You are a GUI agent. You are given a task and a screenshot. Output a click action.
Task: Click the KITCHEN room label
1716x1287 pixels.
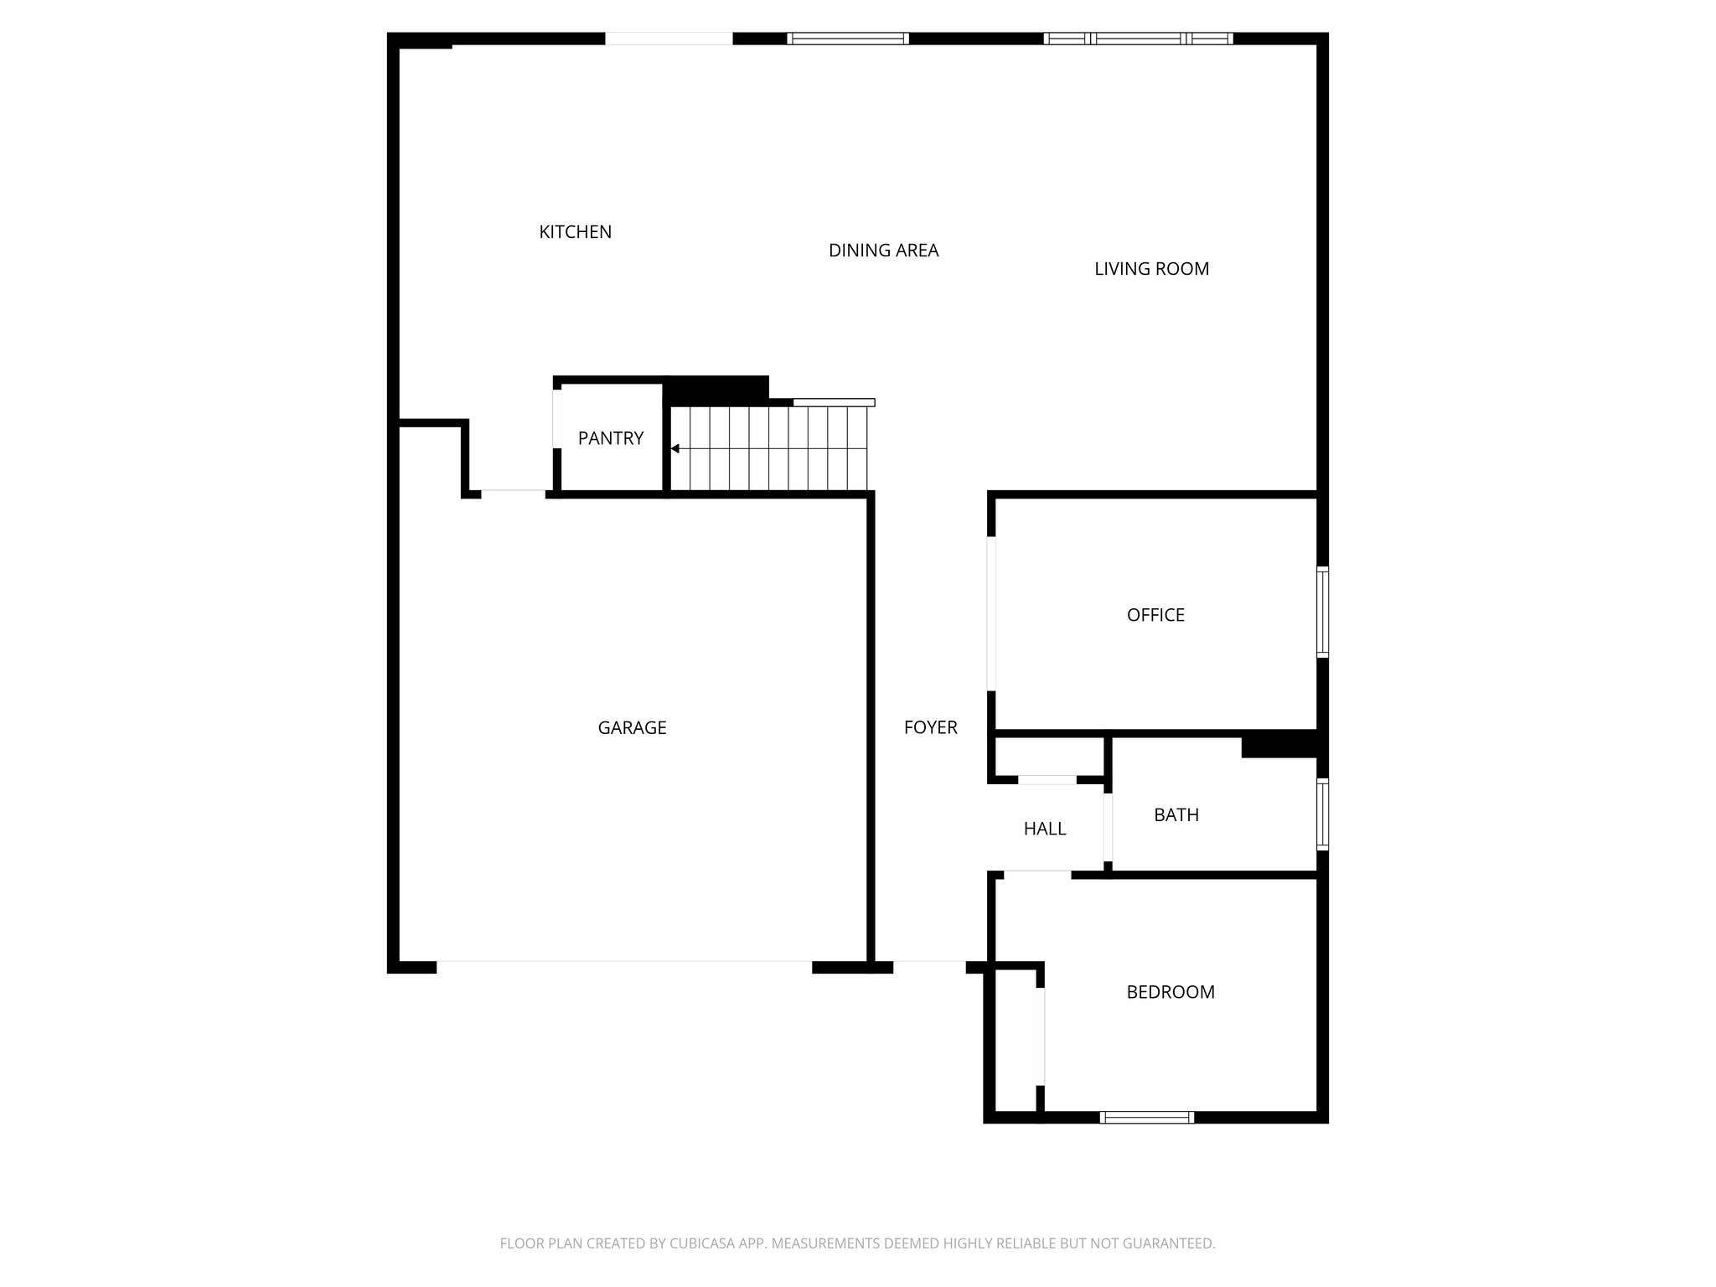tap(575, 232)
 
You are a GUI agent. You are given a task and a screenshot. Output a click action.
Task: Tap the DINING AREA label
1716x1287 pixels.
tap(883, 251)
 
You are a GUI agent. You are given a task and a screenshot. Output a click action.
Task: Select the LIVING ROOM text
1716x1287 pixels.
tap(1151, 269)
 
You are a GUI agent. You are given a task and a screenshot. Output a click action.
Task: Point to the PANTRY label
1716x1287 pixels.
tap(611, 438)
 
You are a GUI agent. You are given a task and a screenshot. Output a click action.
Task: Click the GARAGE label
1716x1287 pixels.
tap(632, 728)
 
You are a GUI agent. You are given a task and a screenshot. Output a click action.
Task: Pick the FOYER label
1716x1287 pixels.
tap(930, 727)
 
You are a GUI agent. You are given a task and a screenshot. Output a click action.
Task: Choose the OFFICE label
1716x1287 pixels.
tap(1155, 615)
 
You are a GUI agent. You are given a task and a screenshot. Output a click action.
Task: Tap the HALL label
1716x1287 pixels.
tap(1045, 829)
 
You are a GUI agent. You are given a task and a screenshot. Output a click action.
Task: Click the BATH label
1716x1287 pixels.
tap(1176, 814)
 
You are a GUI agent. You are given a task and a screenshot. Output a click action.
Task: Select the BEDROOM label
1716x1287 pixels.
tap(1170, 992)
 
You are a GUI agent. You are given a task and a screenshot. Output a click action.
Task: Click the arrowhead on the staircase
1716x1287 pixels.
tap(675, 449)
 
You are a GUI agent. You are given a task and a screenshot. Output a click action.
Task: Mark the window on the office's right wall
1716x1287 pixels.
tap(1322, 612)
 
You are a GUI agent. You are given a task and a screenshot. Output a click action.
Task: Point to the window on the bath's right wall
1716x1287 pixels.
tap(1322, 814)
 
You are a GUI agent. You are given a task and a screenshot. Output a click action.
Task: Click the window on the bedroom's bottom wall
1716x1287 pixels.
tap(1146, 1117)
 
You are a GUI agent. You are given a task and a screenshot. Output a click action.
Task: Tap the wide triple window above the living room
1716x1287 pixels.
tap(1138, 39)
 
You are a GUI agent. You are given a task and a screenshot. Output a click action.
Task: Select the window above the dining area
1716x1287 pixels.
tap(848, 39)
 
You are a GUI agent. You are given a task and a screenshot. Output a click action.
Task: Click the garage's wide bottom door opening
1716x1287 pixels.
tap(624, 965)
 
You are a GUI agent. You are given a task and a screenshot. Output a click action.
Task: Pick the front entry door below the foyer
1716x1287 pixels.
tap(929, 965)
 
